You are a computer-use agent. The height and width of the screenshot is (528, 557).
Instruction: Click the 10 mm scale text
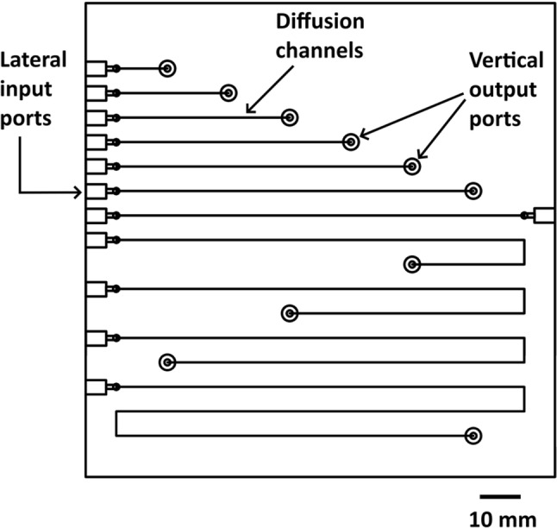pyautogui.click(x=502, y=518)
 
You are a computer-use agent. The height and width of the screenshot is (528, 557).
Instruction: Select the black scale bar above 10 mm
pyautogui.click(x=500, y=496)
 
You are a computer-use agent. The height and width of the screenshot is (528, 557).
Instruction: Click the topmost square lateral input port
pyautogui.click(x=96, y=68)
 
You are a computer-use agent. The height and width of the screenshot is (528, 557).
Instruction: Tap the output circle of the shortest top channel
pyautogui.click(x=167, y=68)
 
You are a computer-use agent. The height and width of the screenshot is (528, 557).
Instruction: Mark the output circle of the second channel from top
pyautogui.click(x=228, y=92)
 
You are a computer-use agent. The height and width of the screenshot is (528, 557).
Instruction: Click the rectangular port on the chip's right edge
pyautogui.click(x=544, y=215)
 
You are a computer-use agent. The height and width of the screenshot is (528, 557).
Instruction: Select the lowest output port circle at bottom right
pyautogui.click(x=472, y=436)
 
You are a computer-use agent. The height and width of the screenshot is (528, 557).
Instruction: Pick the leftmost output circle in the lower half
pyautogui.click(x=167, y=362)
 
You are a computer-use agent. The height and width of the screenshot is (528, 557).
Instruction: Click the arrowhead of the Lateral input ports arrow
pyautogui.click(x=83, y=191)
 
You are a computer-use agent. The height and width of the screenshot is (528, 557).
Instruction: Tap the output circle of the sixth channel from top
pyautogui.click(x=472, y=191)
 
